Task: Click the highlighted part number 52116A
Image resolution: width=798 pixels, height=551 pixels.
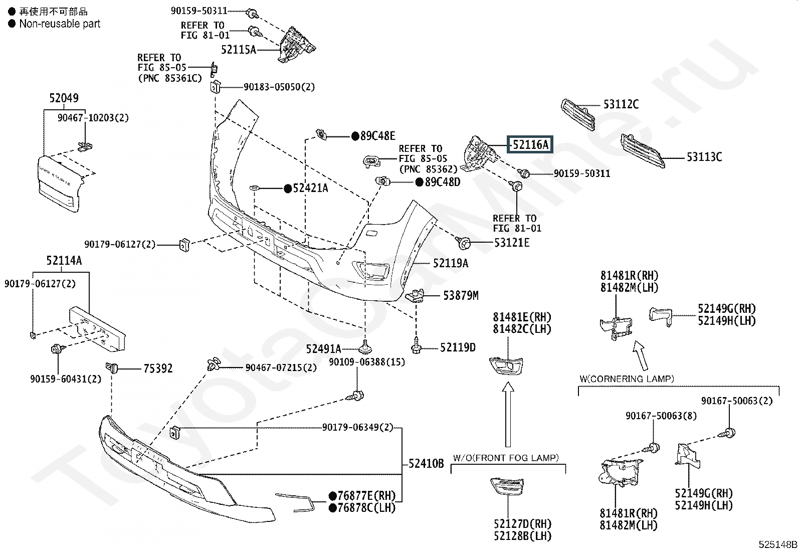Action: click(x=530, y=144)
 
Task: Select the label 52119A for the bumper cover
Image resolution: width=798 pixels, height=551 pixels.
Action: click(x=451, y=263)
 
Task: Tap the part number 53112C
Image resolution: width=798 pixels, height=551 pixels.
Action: click(x=621, y=104)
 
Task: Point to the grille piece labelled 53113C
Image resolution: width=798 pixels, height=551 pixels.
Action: click(x=643, y=151)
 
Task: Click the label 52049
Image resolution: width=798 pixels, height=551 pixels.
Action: click(x=64, y=98)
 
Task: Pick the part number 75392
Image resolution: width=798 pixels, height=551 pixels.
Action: click(x=158, y=368)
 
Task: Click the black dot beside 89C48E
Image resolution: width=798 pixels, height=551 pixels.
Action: click(x=355, y=136)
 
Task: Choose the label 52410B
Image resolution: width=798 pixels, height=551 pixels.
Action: click(x=426, y=463)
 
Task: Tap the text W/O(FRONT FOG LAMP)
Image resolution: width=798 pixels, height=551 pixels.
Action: click(x=506, y=458)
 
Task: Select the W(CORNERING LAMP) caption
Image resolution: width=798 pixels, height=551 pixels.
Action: click(x=627, y=379)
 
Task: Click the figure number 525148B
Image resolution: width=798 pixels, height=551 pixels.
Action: click(x=777, y=544)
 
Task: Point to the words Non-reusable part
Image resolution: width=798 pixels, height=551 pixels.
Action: click(x=60, y=24)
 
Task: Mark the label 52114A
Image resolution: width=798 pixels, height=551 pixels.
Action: click(x=64, y=261)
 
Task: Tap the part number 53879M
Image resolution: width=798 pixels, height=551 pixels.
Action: click(x=461, y=295)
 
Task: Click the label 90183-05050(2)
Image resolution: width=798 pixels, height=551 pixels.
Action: click(x=279, y=87)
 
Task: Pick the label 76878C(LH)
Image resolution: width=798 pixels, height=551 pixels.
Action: click(x=366, y=507)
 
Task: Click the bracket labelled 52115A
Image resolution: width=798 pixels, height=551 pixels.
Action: click(x=296, y=45)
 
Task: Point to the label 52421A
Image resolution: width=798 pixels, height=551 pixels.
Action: click(x=310, y=188)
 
